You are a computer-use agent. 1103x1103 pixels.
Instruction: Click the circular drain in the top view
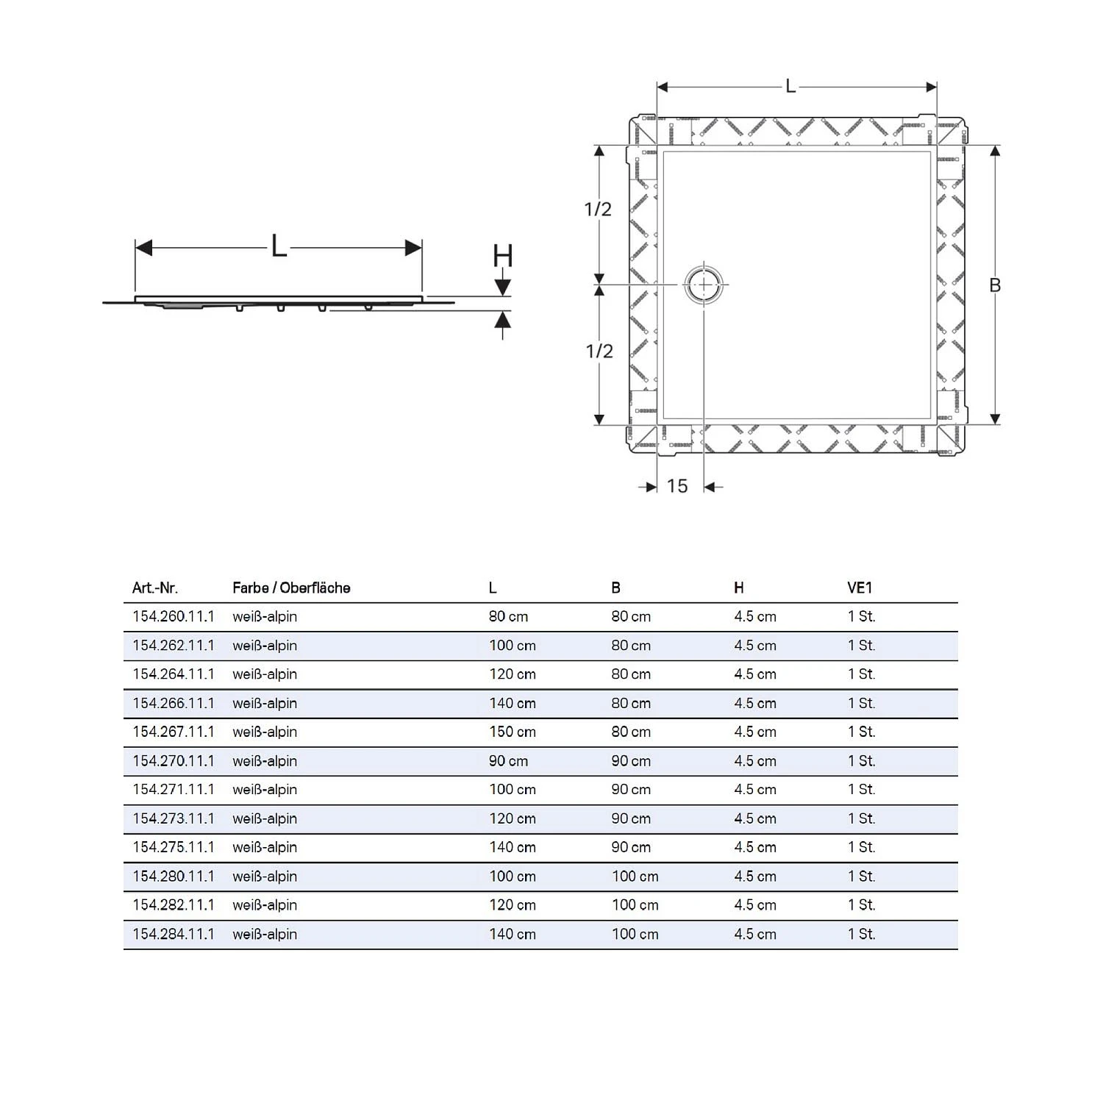[x=704, y=285]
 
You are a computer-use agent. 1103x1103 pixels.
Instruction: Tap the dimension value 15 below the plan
[x=677, y=486]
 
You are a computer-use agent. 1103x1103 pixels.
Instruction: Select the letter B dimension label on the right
[x=995, y=285]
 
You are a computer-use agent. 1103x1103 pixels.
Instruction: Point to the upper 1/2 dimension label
[x=598, y=210]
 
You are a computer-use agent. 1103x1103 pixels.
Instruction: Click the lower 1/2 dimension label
[x=599, y=351]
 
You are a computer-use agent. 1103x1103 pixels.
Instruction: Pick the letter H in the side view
[x=502, y=257]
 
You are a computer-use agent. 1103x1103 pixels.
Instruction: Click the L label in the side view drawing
[x=279, y=246]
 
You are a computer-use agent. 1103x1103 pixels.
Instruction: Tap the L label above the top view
[x=790, y=87]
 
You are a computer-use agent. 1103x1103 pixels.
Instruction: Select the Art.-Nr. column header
[x=154, y=588]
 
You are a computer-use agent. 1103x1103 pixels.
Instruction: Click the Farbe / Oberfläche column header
[x=291, y=588]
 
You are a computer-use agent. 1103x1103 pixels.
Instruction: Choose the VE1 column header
[x=859, y=588]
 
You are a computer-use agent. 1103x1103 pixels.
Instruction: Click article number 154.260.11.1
[x=174, y=616]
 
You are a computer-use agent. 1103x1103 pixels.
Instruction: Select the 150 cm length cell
[x=513, y=732]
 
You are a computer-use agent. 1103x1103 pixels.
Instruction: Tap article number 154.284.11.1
[x=174, y=934]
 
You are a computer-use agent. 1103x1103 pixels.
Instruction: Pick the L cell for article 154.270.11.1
[x=508, y=761]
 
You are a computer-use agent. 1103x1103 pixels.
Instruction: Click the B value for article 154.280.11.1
[x=635, y=877]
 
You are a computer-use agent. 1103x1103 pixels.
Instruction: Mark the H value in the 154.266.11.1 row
[x=754, y=703]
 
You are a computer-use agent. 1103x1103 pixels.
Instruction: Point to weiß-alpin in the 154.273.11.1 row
[x=265, y=818]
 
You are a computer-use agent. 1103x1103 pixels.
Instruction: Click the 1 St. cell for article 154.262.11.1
[x=861, y=646]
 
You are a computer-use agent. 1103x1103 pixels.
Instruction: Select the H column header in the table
[x=738, y=588]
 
